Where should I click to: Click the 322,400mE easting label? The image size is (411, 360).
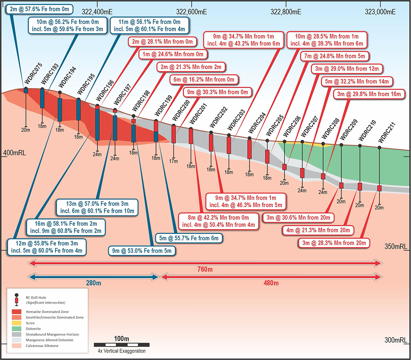point(97,12)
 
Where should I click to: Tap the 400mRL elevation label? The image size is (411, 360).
point(15,153)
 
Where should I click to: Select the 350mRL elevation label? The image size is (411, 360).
point(395,246)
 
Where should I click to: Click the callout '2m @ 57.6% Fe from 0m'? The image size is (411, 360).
point(40,9)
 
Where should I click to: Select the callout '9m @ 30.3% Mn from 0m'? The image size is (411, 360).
point(217,92)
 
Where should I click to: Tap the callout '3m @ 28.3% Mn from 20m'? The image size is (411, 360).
point(334,243)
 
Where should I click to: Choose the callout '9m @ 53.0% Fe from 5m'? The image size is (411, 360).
point(142,251)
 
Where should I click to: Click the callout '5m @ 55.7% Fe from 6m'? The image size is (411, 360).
point(189,238)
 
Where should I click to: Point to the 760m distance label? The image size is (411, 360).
point(205,270)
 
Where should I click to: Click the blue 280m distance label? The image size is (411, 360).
point(93,283)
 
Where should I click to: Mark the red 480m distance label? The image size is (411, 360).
point(271,283)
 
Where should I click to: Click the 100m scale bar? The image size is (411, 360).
point(122,345)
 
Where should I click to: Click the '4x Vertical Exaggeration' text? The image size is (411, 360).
point(122,351)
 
